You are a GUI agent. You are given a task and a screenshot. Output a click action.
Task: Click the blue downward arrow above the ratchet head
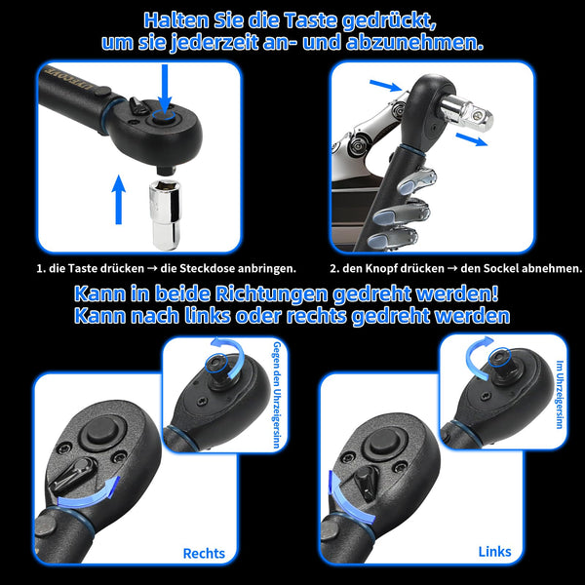(x=165, y=92)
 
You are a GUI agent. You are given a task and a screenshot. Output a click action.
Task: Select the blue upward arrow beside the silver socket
(x=118, y=199)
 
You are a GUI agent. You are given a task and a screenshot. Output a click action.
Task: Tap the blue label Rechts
(x=204, y=553)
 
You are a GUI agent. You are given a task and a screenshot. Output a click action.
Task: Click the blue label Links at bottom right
(x=494, y=551)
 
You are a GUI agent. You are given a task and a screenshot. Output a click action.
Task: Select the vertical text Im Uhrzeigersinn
(x=559, y=391)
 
